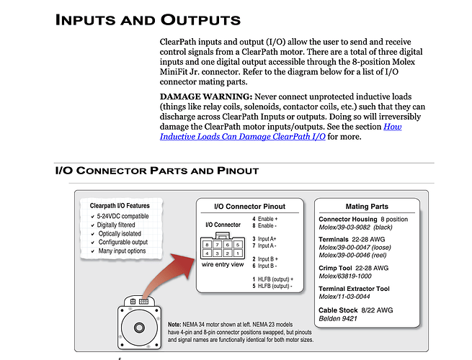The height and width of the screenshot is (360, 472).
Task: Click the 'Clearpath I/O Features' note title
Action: click(x=120, y=205)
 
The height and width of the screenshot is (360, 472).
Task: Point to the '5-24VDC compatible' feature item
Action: click(x=123, y=216)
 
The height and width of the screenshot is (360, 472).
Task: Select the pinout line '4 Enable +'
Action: click(x=267, y=218)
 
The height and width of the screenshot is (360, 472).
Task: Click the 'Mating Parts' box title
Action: click(x=368, y=207)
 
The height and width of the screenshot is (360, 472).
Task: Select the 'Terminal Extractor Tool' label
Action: click(x=354, y=289)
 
